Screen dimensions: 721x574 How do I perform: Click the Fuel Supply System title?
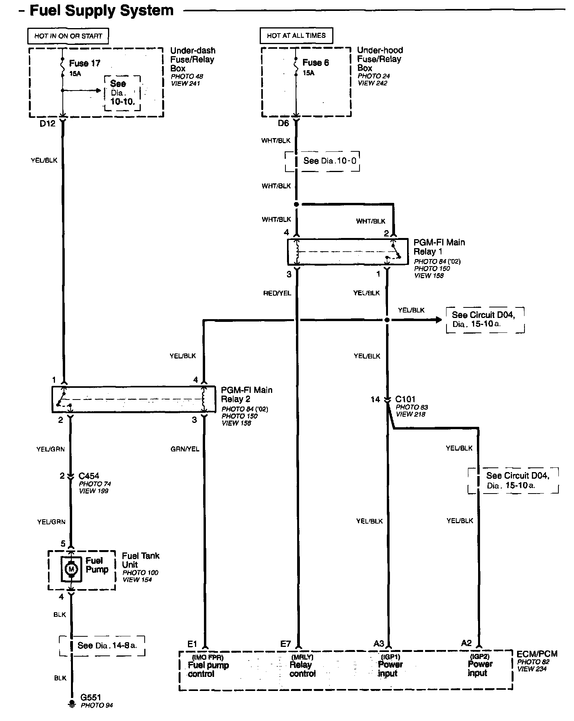coord(101,11)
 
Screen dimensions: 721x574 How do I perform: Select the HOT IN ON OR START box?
coord(68,36)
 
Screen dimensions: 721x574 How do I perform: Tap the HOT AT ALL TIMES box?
coord(296,36)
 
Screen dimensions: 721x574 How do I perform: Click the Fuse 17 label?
coord(84,63)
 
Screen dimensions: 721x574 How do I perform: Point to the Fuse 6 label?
coord(315,62)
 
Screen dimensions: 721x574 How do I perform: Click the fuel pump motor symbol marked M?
coord(71,569)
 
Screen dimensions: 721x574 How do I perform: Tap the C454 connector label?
coord(89,476)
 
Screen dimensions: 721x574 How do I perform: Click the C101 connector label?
coord(405,399)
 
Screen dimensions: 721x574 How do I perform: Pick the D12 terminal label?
coord(48,124)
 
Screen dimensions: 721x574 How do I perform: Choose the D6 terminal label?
coord(283,123)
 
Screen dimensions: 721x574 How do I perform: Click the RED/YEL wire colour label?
coord(277,293)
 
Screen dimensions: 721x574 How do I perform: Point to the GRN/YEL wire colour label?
coord(185,449)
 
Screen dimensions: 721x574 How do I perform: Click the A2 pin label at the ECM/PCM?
coord(466,643)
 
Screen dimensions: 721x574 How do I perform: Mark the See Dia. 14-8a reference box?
coord(102,645)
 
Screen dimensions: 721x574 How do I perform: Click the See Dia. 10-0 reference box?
coord(322,161)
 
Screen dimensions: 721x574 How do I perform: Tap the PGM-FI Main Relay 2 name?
coord(246,394)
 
